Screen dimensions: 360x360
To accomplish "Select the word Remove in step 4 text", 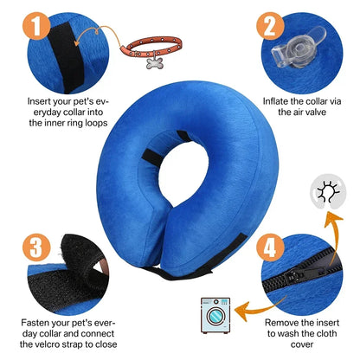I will pyautogui.click(x=280, y=323).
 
